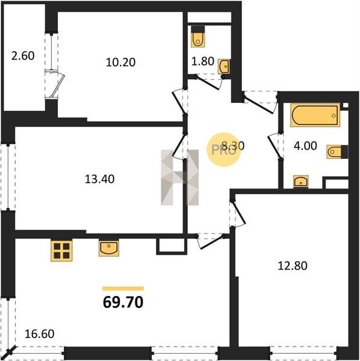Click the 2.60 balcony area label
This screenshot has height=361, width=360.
23,56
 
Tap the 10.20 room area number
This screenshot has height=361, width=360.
120,62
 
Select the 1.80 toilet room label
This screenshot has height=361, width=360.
203,61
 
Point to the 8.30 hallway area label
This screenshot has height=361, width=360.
233,146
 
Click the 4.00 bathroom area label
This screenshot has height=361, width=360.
305,146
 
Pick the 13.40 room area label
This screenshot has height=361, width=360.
99,179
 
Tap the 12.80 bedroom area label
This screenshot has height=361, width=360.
293,266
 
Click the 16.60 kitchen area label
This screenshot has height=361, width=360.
39,334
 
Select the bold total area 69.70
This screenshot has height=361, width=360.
123,302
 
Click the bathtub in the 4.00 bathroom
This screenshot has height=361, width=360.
315,115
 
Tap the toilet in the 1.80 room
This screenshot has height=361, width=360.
198,37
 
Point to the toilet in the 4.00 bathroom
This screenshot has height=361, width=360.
337,152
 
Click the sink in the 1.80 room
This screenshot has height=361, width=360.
224,67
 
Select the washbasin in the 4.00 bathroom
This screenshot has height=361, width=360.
300,182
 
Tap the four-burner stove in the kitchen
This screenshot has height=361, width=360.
61,250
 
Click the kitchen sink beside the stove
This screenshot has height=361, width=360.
109,248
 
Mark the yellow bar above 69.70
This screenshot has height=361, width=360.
123,289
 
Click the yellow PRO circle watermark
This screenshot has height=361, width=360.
223,150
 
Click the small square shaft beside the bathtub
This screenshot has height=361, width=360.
346,105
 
